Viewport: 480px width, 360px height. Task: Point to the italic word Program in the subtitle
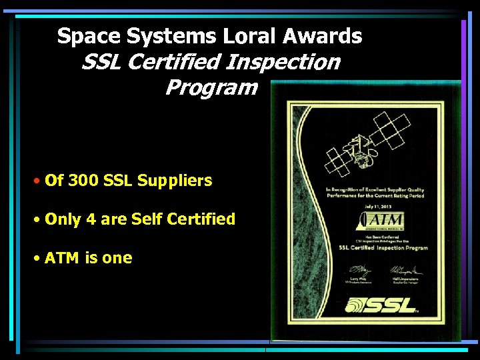tap(211, 87)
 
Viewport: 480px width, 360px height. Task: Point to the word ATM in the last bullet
tap(61, 257)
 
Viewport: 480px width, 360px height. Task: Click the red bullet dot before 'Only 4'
tap(37, 219)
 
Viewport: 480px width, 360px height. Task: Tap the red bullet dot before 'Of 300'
tap(37, 181)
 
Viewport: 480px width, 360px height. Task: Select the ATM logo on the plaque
tap(377, 221)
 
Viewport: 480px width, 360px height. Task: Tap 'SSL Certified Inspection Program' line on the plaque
tap(383, 248)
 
